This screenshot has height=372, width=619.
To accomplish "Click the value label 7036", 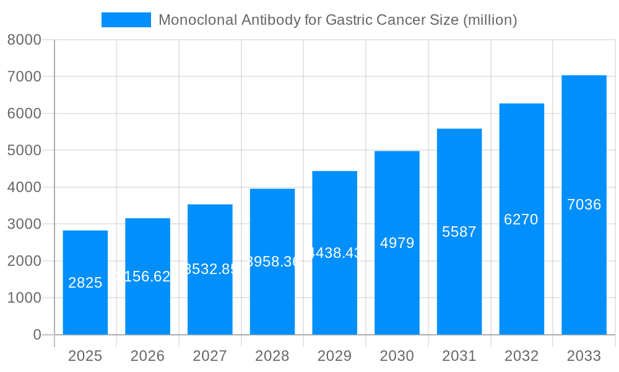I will click(584, 205).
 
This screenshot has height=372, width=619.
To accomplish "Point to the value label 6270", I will click(521, 219).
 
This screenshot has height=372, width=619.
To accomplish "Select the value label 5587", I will click(459, 232).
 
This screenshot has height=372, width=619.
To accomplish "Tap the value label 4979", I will click(397, 243).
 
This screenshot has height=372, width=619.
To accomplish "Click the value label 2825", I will click(85, 283).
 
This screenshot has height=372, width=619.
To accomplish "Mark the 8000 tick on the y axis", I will click(24, 40).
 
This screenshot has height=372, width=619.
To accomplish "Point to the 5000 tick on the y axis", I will click(24, 151).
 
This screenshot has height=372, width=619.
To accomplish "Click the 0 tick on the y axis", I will click(37, 335).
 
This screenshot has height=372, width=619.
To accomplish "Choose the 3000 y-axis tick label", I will click(24, 224).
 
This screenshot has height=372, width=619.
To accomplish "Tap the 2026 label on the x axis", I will click(147, 356).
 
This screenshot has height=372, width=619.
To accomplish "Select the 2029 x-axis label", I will click(334, 356).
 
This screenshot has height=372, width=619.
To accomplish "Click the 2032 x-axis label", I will click(521, 356).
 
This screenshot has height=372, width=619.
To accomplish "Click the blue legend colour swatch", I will click(126, 20).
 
